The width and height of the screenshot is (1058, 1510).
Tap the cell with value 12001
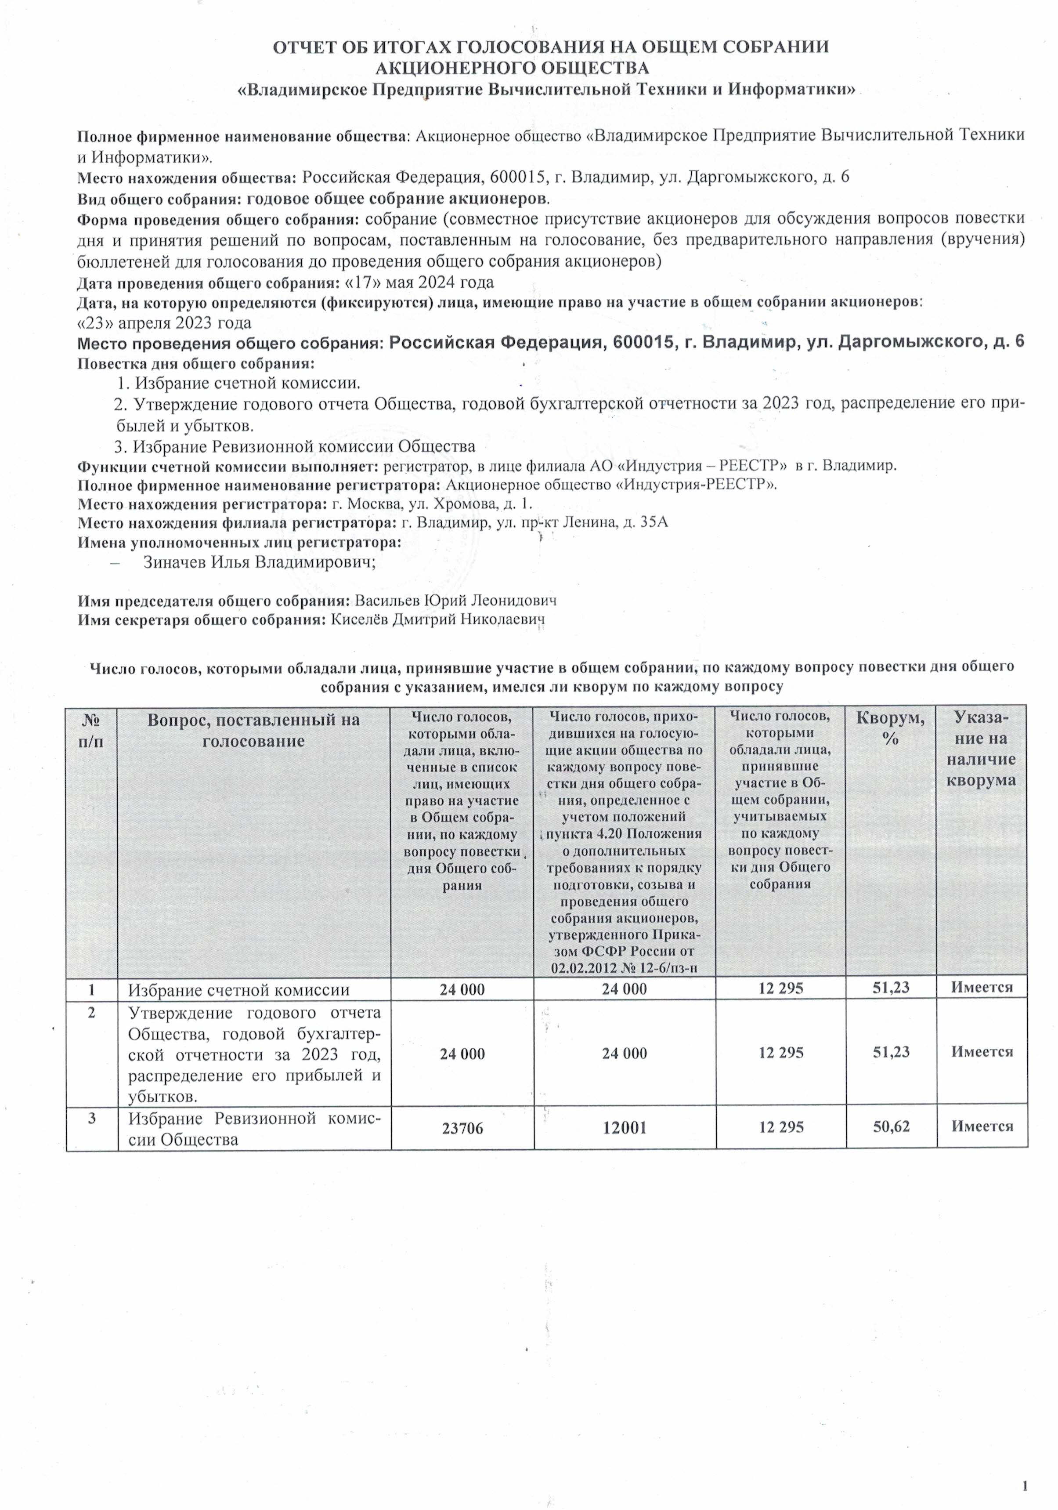point(624,1128)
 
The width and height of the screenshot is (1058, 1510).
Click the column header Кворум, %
point(890,728)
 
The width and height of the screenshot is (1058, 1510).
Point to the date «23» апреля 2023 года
point(164,323)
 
